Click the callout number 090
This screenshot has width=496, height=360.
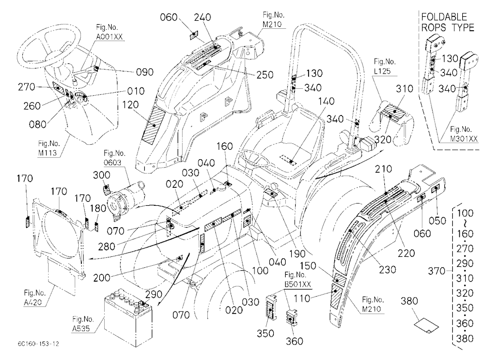click(144, 72)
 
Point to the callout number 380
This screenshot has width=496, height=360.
click(409, 300)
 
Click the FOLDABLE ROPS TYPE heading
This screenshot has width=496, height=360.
click(447, 22)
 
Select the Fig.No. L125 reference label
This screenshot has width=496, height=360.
click(384, 66)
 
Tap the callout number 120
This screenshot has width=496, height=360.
click(130, 105)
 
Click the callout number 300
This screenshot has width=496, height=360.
click(102, 175)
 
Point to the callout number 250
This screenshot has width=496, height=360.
click(265, 75)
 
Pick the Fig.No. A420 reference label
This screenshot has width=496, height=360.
click(35, 298)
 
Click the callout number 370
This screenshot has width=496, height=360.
click(436, 271)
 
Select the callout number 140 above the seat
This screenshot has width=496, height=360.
click(326, 101)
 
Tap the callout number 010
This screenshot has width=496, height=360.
click(136, 91)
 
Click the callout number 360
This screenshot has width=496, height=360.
click(294, 341)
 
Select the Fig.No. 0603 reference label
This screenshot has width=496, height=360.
click(115, 158)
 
